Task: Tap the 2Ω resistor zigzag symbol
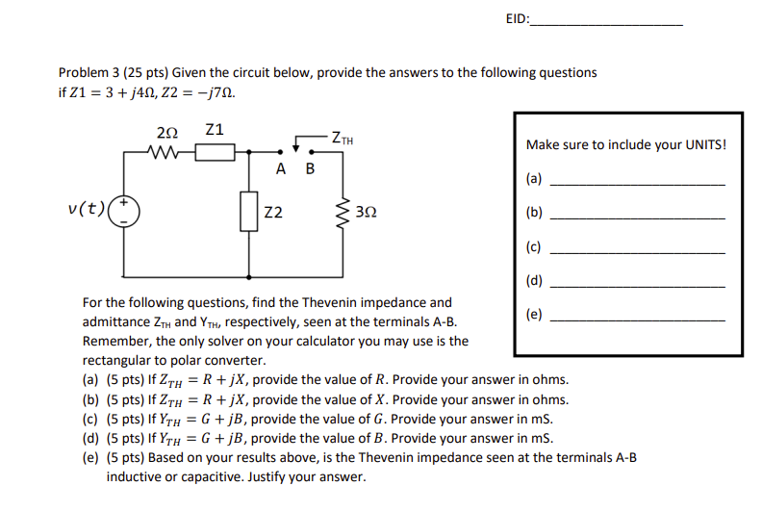[x=161, y=151]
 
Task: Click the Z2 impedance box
[x=249, y=211]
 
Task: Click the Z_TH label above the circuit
[x=342, y=139]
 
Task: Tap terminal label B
[x=309, y=169]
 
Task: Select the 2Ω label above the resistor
[x=165, y=132]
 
